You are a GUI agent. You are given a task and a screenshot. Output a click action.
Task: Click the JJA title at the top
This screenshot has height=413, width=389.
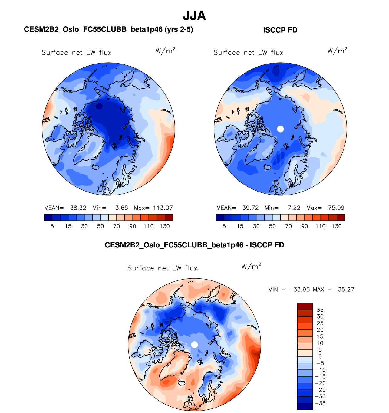point(194,16)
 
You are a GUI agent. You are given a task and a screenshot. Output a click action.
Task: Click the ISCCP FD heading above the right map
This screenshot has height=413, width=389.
point(280,30)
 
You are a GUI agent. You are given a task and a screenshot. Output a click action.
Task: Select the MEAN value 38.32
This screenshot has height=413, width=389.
point(78,208)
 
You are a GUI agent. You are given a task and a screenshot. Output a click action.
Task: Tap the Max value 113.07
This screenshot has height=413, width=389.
point(163,208)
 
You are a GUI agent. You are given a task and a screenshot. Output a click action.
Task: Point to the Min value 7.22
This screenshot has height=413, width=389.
point(294,208)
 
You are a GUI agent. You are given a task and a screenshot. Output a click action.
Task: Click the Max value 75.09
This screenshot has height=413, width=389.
point(336,208)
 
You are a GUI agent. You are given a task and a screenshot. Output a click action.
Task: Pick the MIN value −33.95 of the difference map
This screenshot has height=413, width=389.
point(299,290)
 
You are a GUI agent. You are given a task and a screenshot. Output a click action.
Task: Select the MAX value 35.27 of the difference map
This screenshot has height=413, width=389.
point(346,290)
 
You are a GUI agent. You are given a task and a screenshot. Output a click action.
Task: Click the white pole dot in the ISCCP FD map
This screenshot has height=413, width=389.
point(280,129)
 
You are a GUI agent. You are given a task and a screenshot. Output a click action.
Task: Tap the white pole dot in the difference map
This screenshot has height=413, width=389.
point(195,345)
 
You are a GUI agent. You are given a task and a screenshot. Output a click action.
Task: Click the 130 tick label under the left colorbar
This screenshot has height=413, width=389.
point(165,226)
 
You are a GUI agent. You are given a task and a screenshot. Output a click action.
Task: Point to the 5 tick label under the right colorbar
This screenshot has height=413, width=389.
point(224,226)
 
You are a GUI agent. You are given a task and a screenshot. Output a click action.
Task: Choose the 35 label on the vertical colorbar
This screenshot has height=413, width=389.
point(320,310)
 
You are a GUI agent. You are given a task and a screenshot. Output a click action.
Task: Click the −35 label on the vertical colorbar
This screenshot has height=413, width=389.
point(320,403)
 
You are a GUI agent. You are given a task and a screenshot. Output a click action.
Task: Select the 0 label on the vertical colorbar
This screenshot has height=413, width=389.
point(320,356)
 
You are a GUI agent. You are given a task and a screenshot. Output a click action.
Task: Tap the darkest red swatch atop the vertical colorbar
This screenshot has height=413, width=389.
point(305,306)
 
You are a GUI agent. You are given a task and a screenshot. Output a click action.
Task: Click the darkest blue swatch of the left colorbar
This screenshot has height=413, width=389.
point(48,217)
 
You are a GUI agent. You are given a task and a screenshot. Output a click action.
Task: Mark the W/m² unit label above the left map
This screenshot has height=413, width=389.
point(165,51)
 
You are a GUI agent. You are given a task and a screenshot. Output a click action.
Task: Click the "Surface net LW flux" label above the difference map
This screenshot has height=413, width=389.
point(162,268)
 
